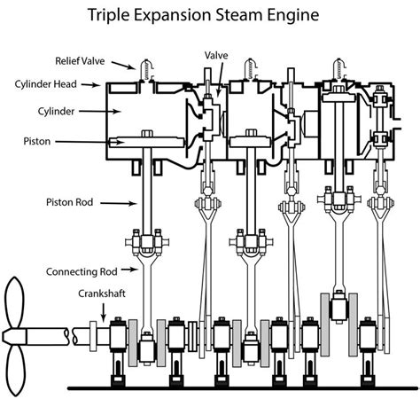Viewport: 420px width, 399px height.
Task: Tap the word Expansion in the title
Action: [x=180, y=16]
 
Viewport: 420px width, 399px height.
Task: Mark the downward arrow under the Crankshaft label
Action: [x=104, y=311]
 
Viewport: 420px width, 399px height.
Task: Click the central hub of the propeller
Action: [x=13, y=336]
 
